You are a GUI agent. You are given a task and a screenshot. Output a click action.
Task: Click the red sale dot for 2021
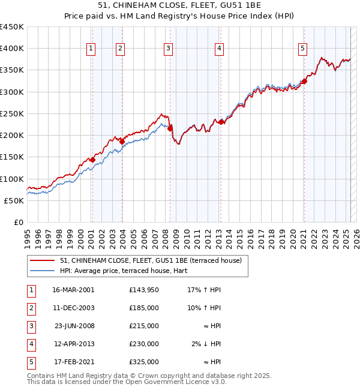click(x=304, y=81)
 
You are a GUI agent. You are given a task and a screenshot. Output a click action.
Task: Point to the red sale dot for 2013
click(x=221, y=122)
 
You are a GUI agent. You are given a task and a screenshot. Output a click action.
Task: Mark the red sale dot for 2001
click(x=92, y=160)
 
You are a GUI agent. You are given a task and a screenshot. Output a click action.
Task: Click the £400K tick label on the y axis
click(x=12, y=49)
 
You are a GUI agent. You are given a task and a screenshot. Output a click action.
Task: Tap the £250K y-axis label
click(x=12, y=113)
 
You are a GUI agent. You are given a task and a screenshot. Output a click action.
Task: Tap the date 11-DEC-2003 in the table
click(x=73, y=308)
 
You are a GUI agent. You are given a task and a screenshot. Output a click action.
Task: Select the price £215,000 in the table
click(x=144, y=326)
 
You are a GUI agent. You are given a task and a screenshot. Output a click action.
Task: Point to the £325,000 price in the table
click(x=144, y=362)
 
